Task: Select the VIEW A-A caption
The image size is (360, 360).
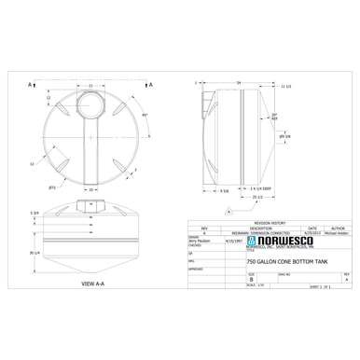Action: tap(94, 281)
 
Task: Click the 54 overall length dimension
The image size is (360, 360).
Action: tap(239, 82)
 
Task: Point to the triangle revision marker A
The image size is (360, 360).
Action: tap(226, 212)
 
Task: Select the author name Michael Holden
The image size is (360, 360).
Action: tap(338, 231)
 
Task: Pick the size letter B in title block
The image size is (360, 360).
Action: tap(251, 278)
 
